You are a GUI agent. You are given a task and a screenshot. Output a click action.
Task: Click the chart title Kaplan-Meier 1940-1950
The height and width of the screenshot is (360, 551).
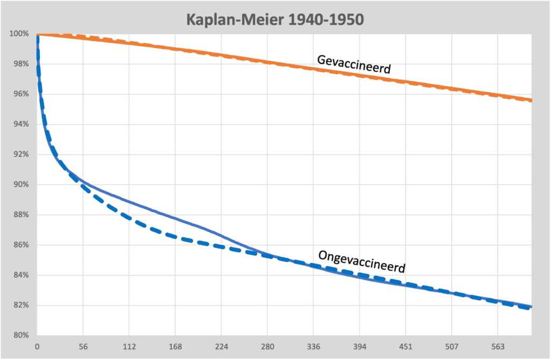pyautogui.click(x=275, y=19)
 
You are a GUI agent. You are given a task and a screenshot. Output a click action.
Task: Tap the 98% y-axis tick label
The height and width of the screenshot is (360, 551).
pyautogui.click(x=20, y=64)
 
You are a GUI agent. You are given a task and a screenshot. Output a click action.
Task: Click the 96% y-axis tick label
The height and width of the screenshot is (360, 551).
pyautogui.click(x=20, y=94)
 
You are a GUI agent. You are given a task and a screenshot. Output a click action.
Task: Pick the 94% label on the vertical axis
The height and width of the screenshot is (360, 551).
pyautogui.click(x=20, y=124)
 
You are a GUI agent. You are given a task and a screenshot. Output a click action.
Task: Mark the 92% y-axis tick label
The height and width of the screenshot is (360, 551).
pyautogui.click(x=20, y=154)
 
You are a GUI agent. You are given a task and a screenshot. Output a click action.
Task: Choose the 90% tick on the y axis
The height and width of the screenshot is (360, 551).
pyautogui.click(x=20, y=185)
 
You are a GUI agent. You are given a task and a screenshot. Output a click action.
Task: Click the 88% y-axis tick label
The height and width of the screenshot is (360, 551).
pyautogui.click(x=20, y=215)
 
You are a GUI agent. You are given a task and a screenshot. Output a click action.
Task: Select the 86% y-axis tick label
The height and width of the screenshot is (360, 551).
pyautogui.click(x=20, y=245)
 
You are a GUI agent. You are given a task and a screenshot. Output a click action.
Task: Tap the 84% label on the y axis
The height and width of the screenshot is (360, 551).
pyautogui.click(x=20, y=275)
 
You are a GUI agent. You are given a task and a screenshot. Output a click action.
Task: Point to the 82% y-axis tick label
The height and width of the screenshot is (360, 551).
pyautogui.click(x=20, y=305)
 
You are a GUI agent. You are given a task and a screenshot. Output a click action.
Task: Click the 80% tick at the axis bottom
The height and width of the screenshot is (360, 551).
pyautogui.click(x=20, y=335)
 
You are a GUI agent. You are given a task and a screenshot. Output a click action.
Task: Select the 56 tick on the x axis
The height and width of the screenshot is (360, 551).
pyautogui.click(x=82, y=347)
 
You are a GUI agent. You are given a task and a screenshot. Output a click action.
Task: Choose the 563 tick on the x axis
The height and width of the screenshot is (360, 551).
pyautogui.click(x=498, y=347)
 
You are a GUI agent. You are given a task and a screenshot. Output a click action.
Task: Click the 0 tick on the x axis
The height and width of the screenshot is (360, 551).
pyautogui.click(x=37, y=347)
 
